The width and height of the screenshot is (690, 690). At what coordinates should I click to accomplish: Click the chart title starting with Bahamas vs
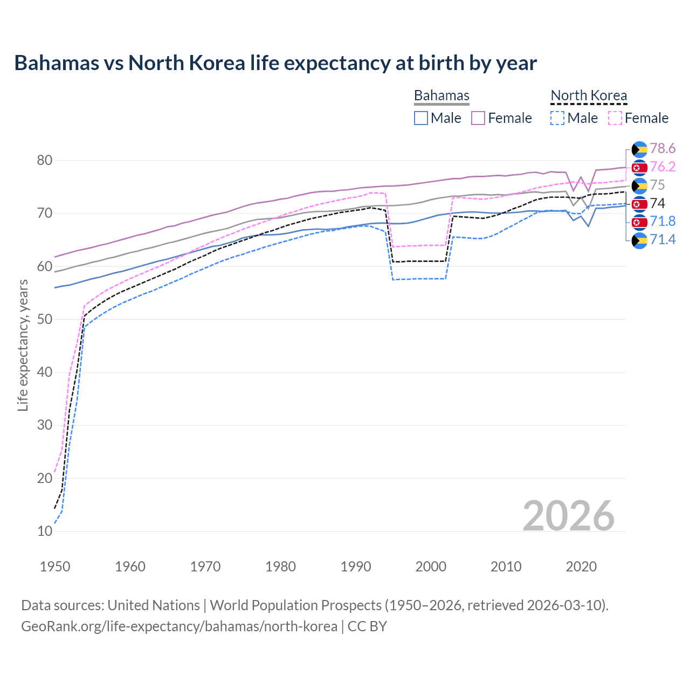pyautogui.click(x=275, y=63)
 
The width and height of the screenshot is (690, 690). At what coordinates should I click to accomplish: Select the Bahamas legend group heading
pyautogui.click(x=441, y=95)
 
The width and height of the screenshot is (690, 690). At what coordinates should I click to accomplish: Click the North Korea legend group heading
pyautogui.click(x=589, y=95)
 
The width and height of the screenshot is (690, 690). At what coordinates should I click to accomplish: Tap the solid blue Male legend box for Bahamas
pyautogui.click(x=421, y=118)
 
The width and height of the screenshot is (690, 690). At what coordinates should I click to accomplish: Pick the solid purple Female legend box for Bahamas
pyautogui.click(x=478, y=118)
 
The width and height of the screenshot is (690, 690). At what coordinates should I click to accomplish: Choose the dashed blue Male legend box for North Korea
pyautogui.click(x=557, y=118)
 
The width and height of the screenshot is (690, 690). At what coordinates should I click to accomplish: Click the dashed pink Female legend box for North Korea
pyautogui.click(x=615, y=118)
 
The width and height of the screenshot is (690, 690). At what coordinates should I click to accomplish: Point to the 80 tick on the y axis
pyautogui.click(x=45, y=160)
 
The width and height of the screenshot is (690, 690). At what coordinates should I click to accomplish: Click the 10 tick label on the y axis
pyautogui.click(x=45, y=531)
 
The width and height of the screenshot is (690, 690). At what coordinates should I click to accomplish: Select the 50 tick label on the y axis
pyautogui.click(x=45, y=319)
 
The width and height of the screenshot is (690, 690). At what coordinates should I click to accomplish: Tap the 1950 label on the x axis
pyautogui.click(x=55, y=567)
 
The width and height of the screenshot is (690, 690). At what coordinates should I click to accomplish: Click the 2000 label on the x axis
pyautogui.click(x=431, y=567)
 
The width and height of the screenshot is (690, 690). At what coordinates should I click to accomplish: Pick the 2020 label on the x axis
pyautogui.click(x=581, y=567)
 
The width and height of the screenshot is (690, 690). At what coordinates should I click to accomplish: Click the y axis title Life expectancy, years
pyautogui.click(x=23, y=345)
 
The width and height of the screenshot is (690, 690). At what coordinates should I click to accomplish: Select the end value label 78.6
pyautogui.click(x=663, y=148)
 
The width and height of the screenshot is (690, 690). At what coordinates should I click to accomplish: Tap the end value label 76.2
pyautogui.click(x=663, y=167)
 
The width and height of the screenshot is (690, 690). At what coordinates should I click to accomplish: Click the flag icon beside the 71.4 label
pyautogui.click(x=639, y=240)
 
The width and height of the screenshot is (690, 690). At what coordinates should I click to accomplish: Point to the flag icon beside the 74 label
pyautogui.click(x=639, y=204)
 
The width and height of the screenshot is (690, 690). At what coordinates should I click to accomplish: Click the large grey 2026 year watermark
pyautogui.click(x=568, y=516)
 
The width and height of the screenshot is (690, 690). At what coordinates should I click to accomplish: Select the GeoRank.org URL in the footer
pyautogui.click(x=179, y=626)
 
